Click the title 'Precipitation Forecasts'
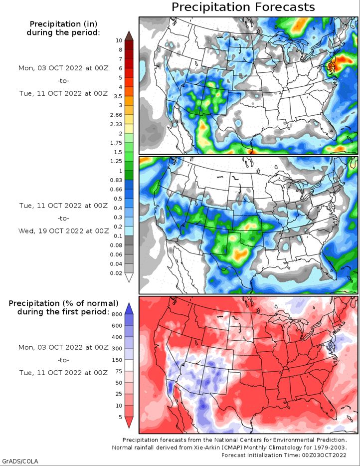(243, 7)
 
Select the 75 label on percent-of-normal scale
(118, 371)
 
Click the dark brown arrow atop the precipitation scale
(129, 35)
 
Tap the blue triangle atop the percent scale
(129, 305)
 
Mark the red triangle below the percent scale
(129, 423)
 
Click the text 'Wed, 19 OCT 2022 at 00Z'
(63, 231)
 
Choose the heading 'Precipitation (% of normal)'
(63, 303)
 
